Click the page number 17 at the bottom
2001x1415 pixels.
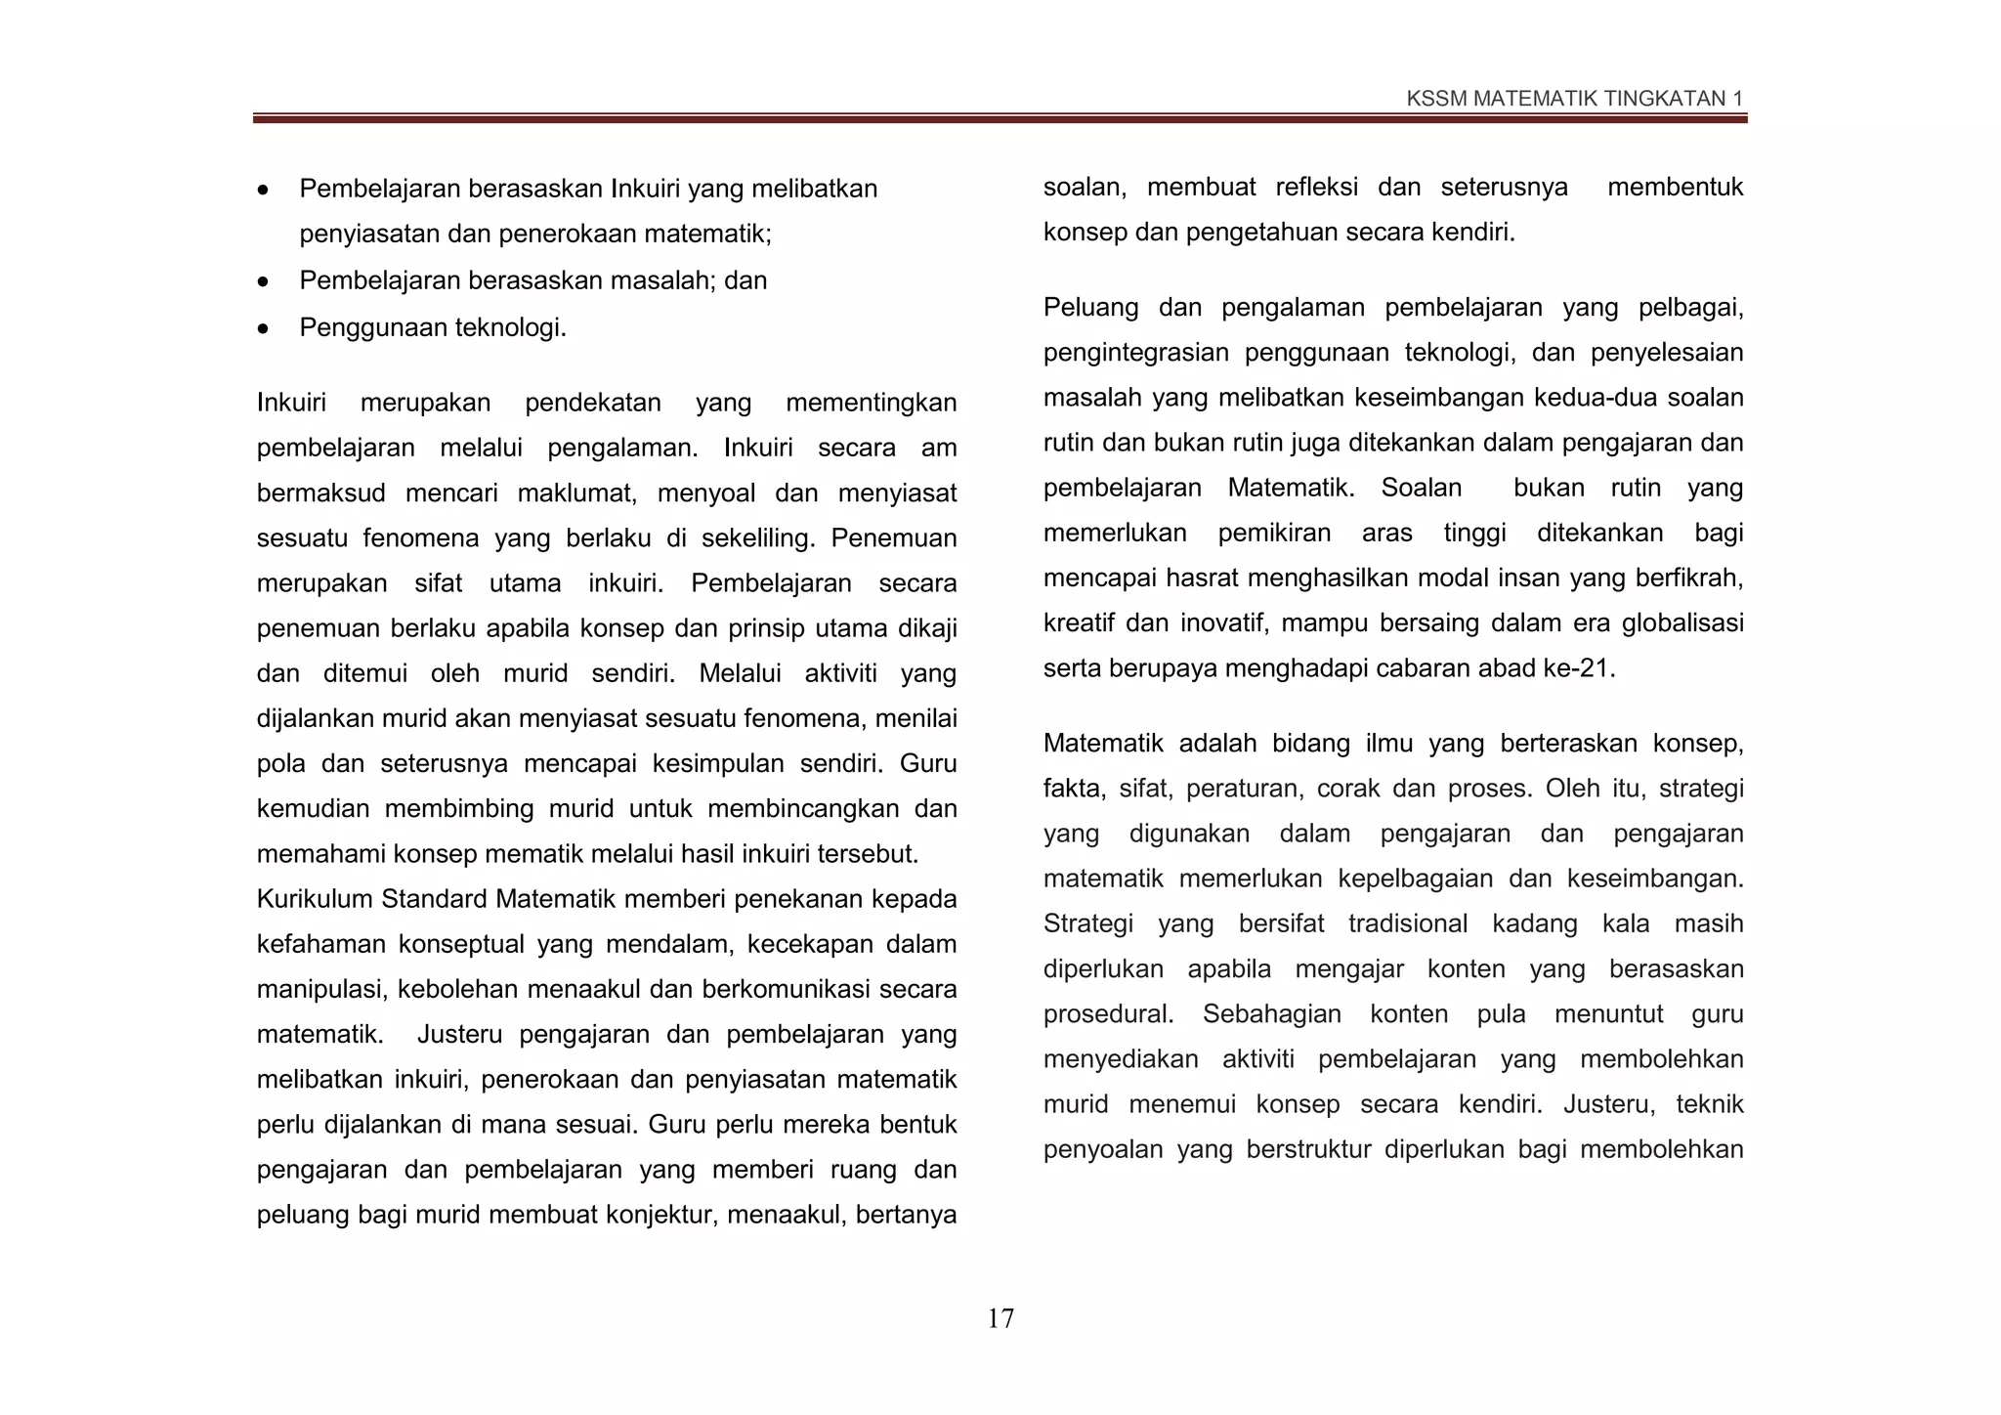coord(1000,1318)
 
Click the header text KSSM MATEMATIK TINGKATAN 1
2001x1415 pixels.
coord(1574,99)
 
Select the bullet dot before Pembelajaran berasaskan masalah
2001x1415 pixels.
coord(263,282)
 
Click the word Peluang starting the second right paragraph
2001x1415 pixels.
coord(1090,308)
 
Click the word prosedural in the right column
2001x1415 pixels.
coord(1108,1014)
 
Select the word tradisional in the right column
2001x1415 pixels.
coord(1407,923)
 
